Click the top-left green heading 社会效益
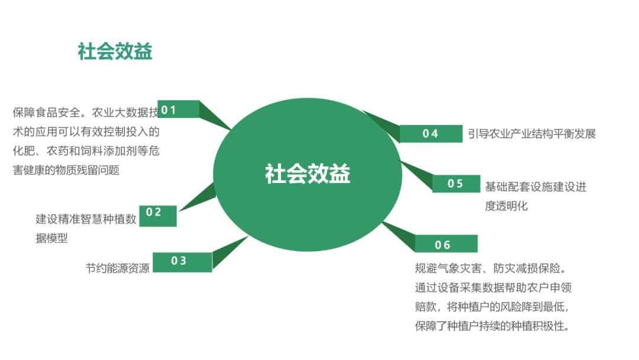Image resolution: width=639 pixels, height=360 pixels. click(115, 52)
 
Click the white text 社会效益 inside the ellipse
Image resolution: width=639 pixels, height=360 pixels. click(308, 174)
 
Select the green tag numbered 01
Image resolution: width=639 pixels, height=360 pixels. click(177, 110)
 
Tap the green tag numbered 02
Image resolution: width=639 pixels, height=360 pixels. click(154, 215)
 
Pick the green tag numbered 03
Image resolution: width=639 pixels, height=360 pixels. click(182, 262)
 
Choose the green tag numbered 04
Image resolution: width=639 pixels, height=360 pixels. click(430, 134)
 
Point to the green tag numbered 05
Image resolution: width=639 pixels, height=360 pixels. click(456, 184)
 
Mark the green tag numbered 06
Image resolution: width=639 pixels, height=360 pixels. click(445, 245)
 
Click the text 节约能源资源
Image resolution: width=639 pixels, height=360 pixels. click(117, 267)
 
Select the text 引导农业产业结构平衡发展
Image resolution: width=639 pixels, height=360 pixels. click(531, 134)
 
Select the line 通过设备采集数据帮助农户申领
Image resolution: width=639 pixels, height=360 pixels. click(493, 288)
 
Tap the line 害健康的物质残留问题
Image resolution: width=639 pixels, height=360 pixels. click(66, 170)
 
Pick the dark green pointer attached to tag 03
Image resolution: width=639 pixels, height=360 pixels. click(230, 253)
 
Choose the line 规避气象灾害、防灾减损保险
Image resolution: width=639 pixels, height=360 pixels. click(491, 269)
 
